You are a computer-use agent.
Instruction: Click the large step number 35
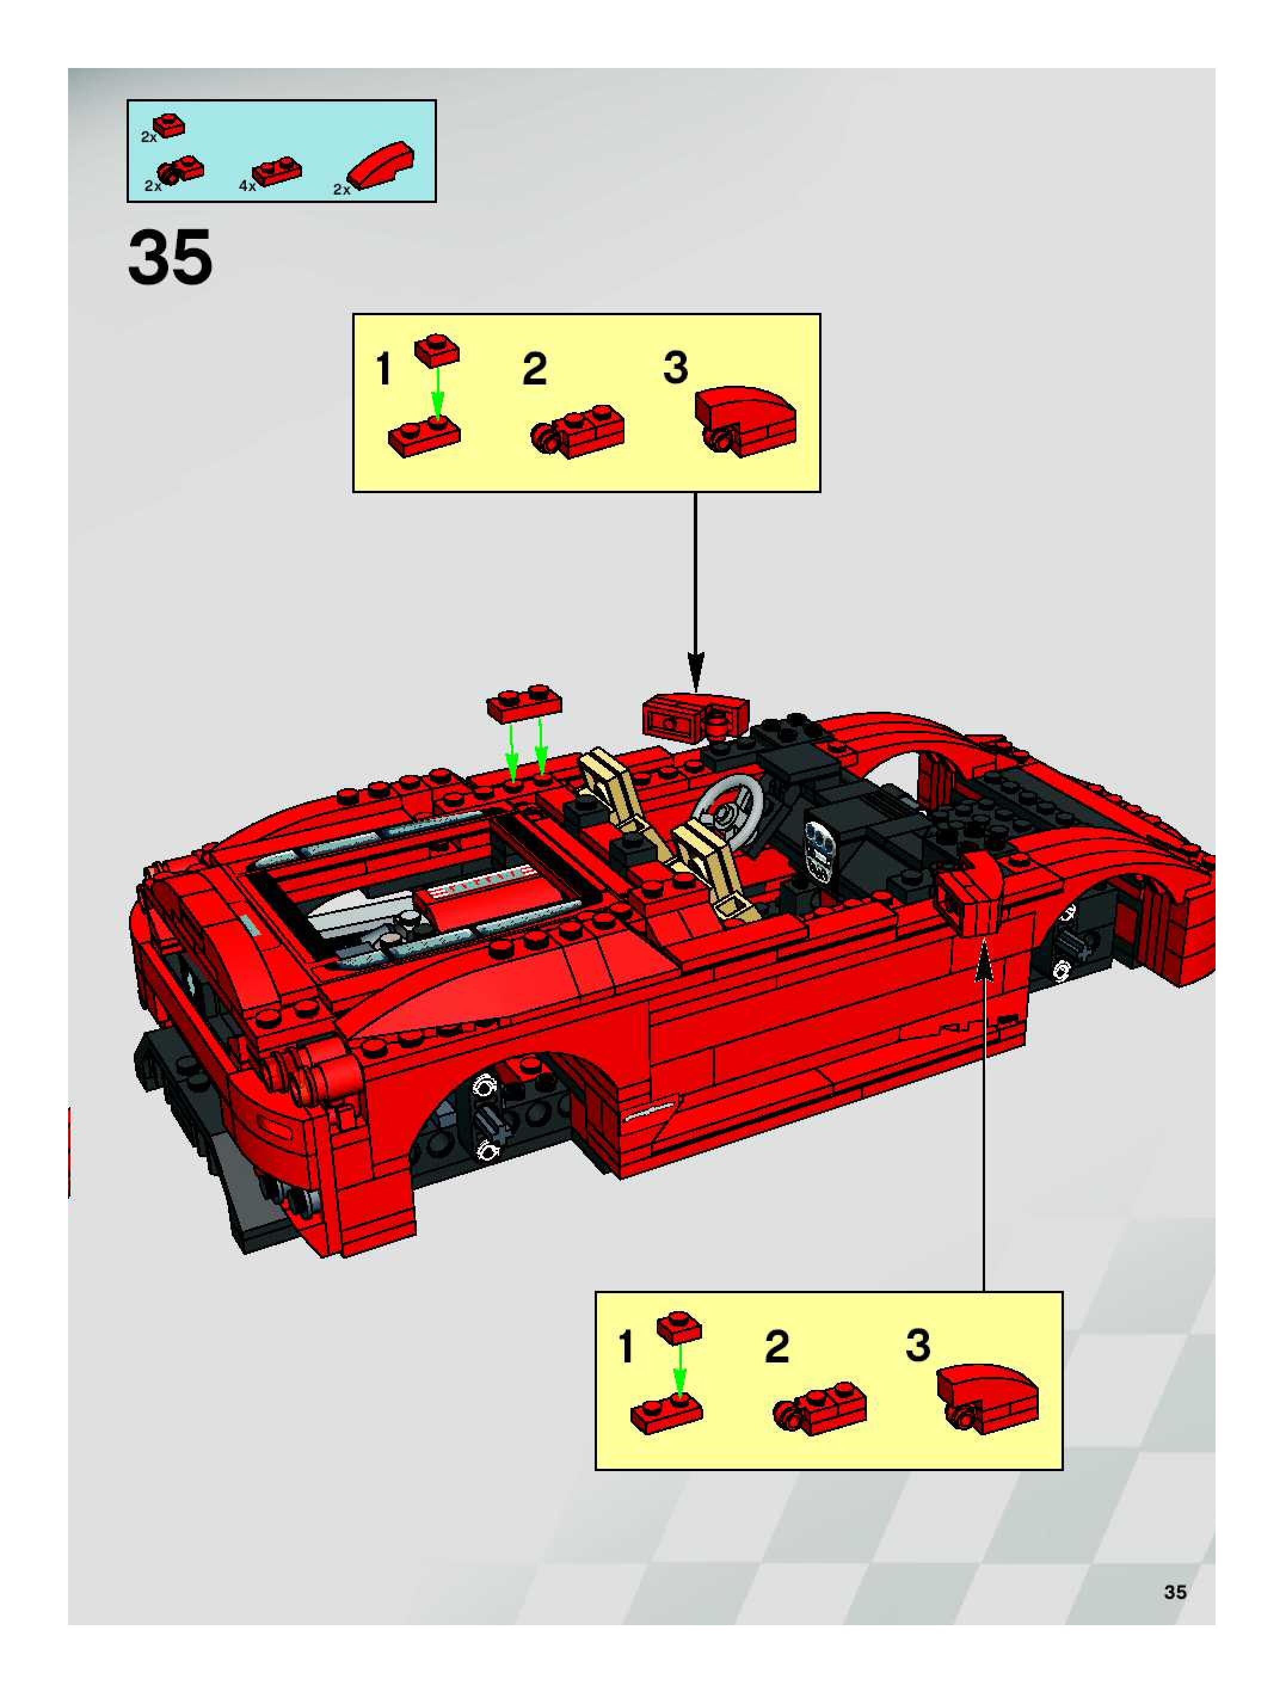click(170, 258)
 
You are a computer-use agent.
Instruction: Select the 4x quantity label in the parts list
click(247, 186)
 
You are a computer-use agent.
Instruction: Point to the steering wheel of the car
click(730, 810)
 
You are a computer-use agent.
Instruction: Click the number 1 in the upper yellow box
click(384, 368)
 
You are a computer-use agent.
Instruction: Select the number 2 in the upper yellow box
click(534, 368)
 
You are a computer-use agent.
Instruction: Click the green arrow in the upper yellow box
click(437, 393)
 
